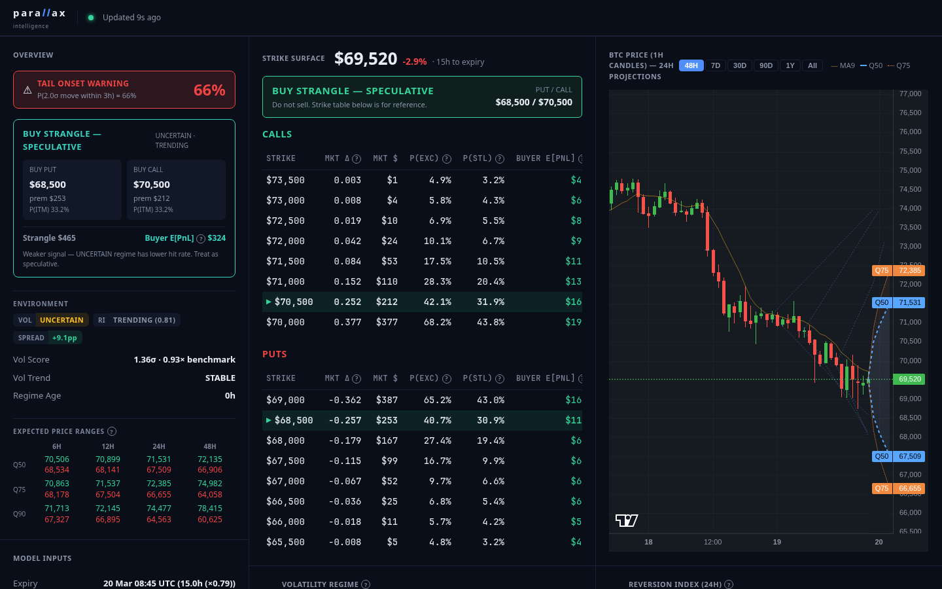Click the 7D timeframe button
pos(716,65)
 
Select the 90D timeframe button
pos(766,65)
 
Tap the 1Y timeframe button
pos(790,65)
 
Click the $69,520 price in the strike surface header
pos(366,59)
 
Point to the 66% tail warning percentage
pos(209,90)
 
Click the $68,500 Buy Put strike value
pos(48,185)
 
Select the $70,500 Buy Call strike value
pos(152,185)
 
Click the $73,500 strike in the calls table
pos(285,180)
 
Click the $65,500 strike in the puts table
pos(285,542)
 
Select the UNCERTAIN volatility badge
pos(61,320)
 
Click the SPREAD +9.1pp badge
pos(48,338)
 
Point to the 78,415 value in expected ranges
pos(210,509)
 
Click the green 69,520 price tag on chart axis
pos(909,379)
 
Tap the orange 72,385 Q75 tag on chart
pos(909,270)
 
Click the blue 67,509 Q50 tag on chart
pos(909,456)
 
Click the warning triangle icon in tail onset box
pos(27,90)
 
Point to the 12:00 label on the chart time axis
pos(712,542)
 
